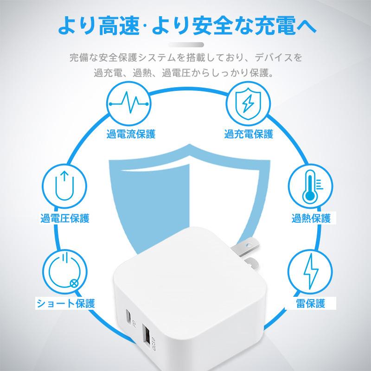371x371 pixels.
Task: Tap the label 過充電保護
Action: pos(249,134)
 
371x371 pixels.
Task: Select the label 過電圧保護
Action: pos(64,217)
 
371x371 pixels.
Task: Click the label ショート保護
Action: pos(66,304)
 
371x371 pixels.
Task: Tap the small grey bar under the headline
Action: pos(185,45)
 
